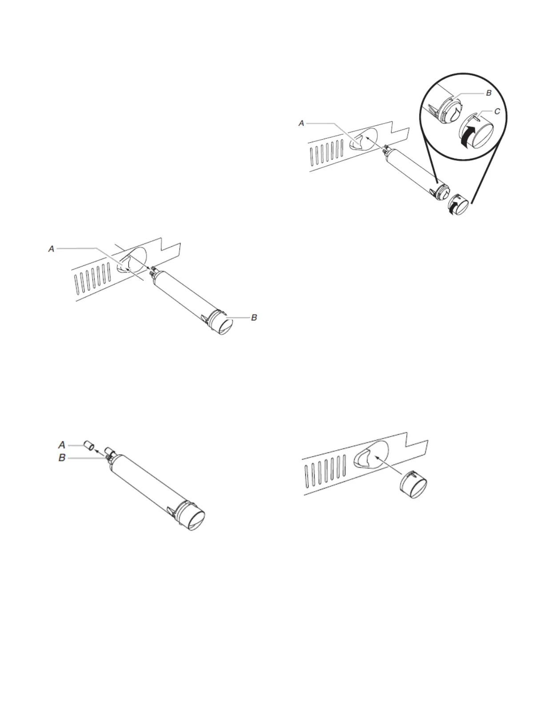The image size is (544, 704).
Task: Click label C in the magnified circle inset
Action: (x=497, y=112)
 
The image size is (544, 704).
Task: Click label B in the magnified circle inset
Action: (x=488, y=93)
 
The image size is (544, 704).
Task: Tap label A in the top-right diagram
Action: (x=301, y=123)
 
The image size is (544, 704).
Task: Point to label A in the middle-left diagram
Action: (x=52, y=250)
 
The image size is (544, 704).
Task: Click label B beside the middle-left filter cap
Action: (x=254, y=318)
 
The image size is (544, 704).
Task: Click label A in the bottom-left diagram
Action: (x=62, y=444)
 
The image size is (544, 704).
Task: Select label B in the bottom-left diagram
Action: (x=62, y=458)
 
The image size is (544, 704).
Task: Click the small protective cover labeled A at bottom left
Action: (x=89, y=446)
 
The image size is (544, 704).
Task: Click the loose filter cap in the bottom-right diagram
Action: (x=414, y=486)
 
